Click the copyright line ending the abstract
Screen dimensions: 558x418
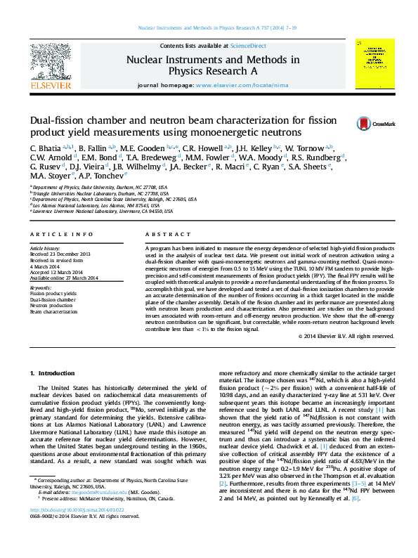[x=346, y=337]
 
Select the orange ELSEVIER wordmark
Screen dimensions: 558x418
[x=50, y=86]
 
